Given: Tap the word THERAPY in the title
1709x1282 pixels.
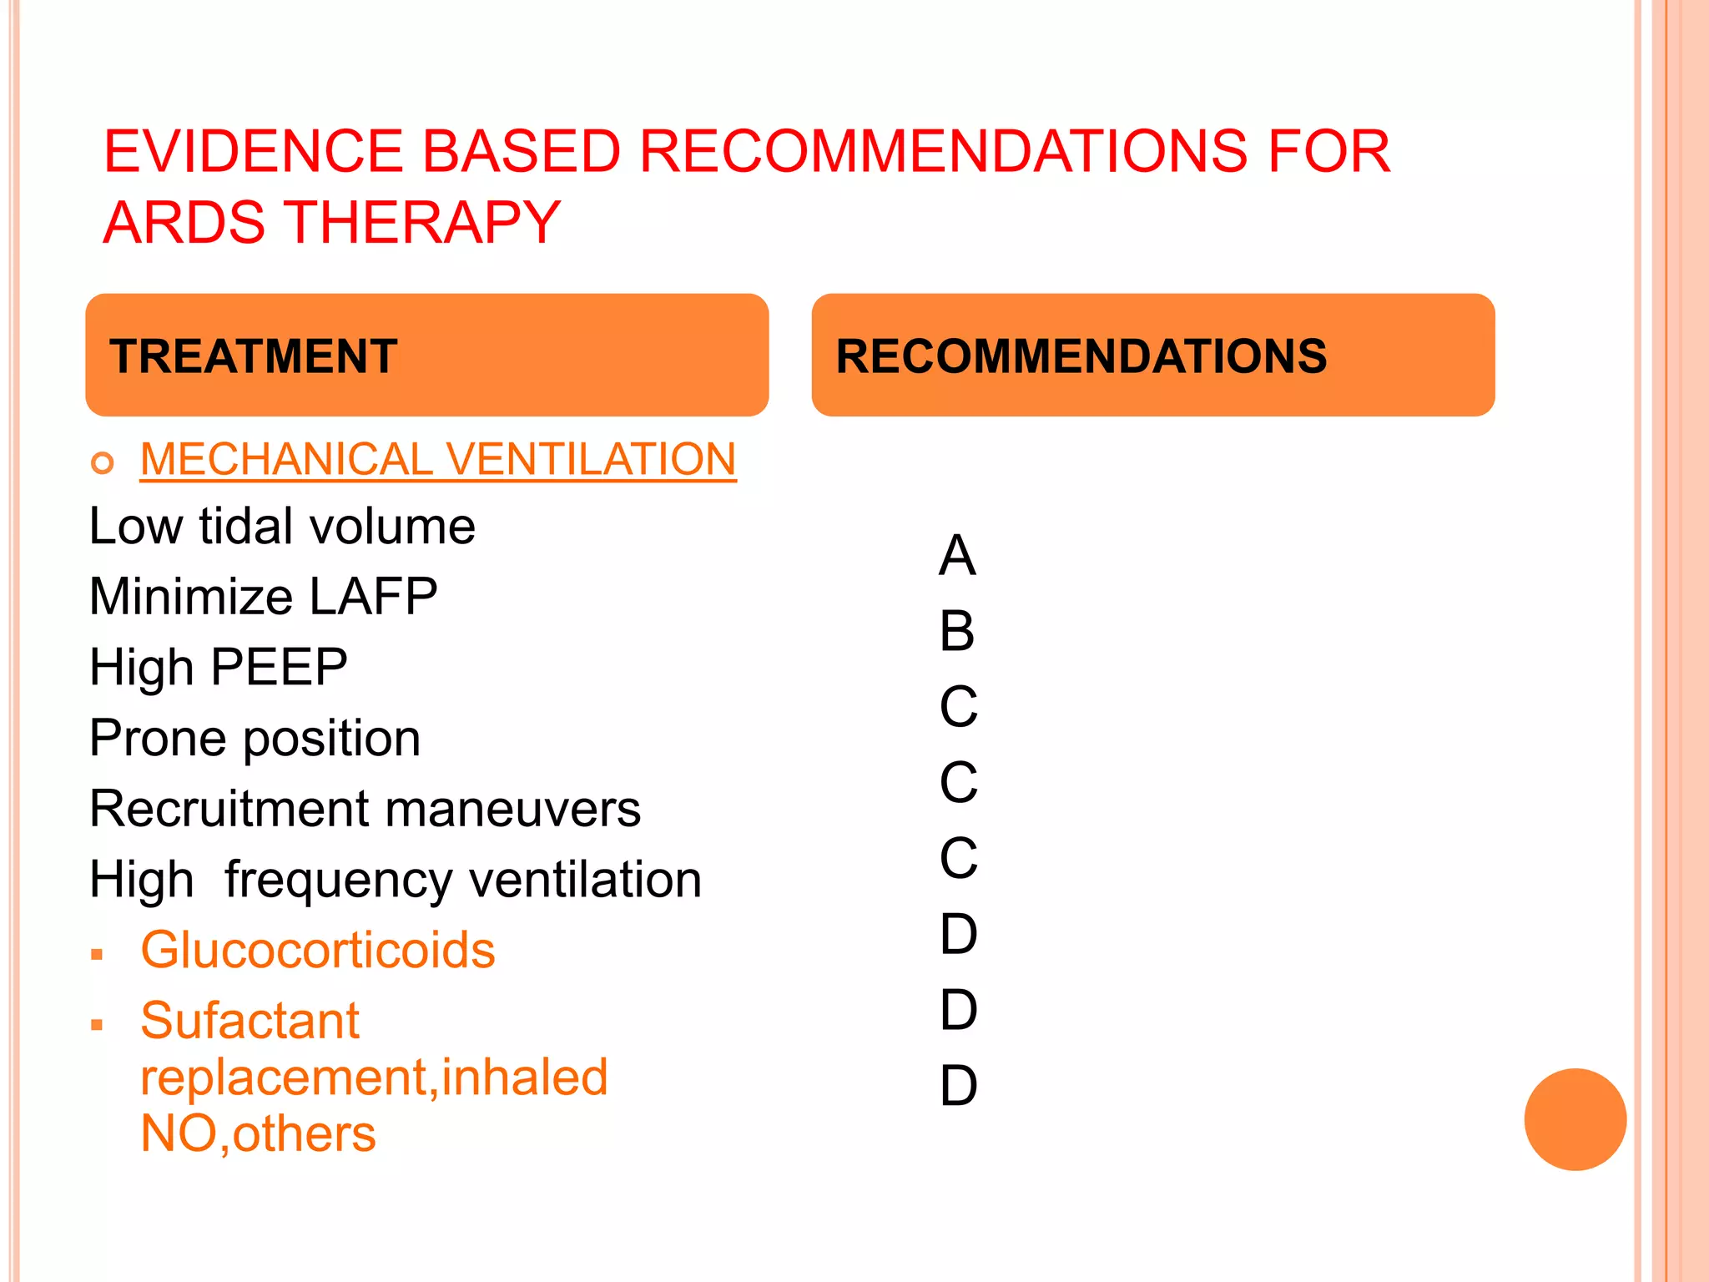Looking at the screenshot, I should [426, 224].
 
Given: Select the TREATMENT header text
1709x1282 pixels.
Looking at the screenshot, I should [254, 356].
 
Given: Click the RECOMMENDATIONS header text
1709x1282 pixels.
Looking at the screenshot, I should [1081, 356].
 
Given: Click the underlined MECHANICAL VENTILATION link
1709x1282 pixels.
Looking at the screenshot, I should [438, 460].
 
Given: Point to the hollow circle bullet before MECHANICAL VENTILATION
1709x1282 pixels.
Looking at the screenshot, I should [103, 462].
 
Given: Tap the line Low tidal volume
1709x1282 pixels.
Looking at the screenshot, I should [282, 527].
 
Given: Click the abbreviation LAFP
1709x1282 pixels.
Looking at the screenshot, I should [373, 597].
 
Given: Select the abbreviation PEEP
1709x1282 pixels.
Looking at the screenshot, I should [279, 668].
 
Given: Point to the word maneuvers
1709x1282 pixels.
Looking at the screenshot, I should [512, 810].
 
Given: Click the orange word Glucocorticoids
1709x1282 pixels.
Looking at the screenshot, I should [317, 951].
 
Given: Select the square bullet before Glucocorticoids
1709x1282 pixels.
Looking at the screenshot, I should [98, 954].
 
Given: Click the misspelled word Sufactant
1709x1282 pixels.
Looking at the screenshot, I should [250, 1021].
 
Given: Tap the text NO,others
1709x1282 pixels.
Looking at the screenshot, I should [258, 1134].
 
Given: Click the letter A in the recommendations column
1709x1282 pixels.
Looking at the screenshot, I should [957, 556].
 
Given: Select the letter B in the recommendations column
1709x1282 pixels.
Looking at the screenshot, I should [957, 632].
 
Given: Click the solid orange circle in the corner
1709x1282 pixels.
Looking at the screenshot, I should [1575, 1119].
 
